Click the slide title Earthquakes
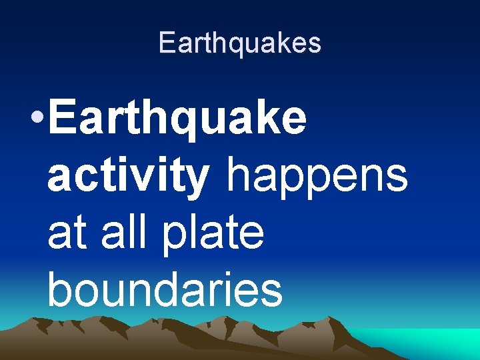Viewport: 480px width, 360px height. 240,43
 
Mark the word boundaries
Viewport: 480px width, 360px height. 165,290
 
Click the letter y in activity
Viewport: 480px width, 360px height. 196,180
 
